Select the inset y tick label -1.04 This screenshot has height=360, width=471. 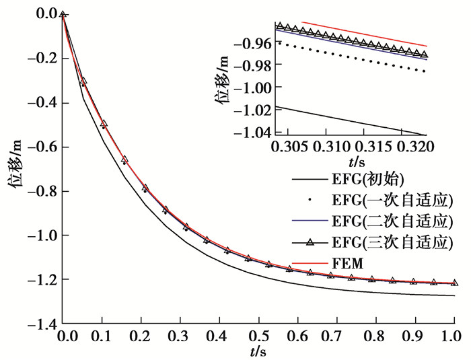(252, 132)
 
